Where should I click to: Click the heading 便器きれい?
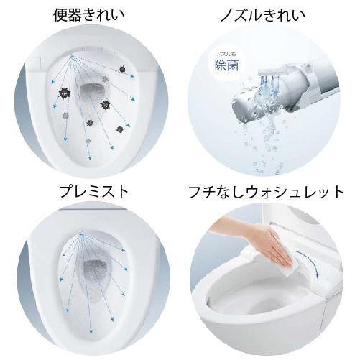(90, 14)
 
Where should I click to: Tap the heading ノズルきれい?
(267, 14)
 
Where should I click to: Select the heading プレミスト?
(90, 191)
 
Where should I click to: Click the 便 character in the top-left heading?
(59, 14)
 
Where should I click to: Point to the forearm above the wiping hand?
(230, 231)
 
